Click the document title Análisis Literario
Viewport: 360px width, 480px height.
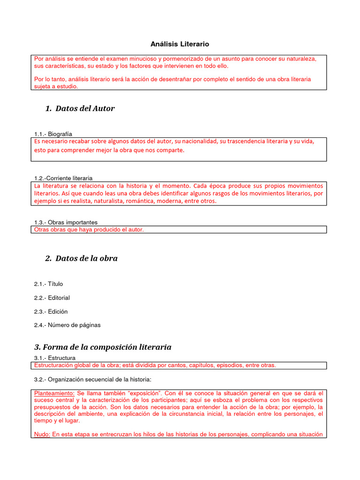[180, 44]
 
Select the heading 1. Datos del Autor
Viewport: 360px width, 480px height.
[80, 109]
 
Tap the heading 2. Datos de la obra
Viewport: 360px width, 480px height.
[82, 258]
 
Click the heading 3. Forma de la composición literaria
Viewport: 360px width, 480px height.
[103, 347]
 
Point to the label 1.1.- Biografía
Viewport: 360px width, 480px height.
[53, 134]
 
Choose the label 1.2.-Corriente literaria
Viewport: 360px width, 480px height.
[63, 178]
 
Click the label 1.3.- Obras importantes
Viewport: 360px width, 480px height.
[66, 222]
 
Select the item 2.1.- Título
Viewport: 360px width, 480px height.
[48, 284]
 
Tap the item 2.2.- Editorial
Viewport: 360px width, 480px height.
[52, 298]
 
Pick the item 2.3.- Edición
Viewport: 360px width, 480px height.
[51, 311]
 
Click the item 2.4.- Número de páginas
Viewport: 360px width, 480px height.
[67, 325]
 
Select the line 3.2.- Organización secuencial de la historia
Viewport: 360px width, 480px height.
[92, 379]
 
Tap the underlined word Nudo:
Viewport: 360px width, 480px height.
[42, 435]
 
